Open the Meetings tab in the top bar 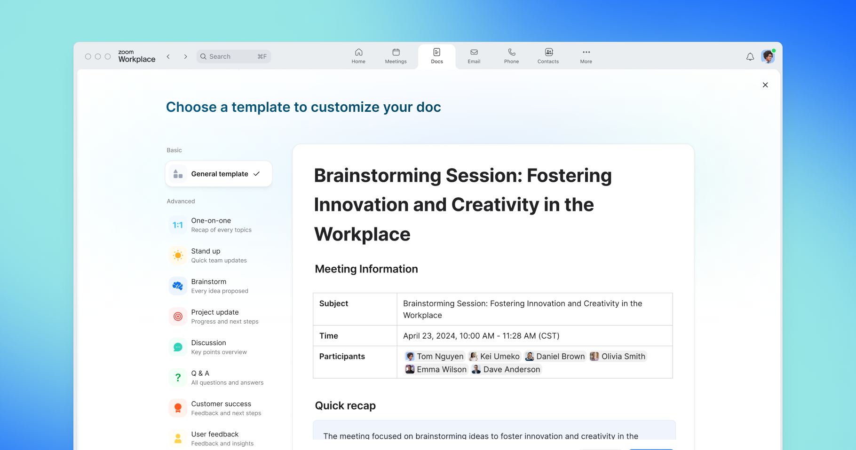pyautogui.click(x=396, y=56)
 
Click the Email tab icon pyautogui.click(x=474, y=52)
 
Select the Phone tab pyautogui.click(x=511, y=56)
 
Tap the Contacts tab pyautogui.click(x=548, y=56)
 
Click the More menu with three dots pyautogui.click(x=586, y=55)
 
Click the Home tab pyautogui.click(x=358, y=56)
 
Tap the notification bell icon pyautogui.click(x=750, y=57)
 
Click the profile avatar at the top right pyautogui.click(x=768, y=56)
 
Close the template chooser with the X pyautogui.click(x=765, y=85)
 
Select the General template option pyautogui.click(x=219, y=174)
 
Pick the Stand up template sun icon pyautogui.click(x=178, y=256)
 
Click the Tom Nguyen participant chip pyautogui.click(x=435, y=357)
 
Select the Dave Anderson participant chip pyautogui.click(x=506, y=370)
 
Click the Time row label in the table pyautogui.click(x=329, y=336)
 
